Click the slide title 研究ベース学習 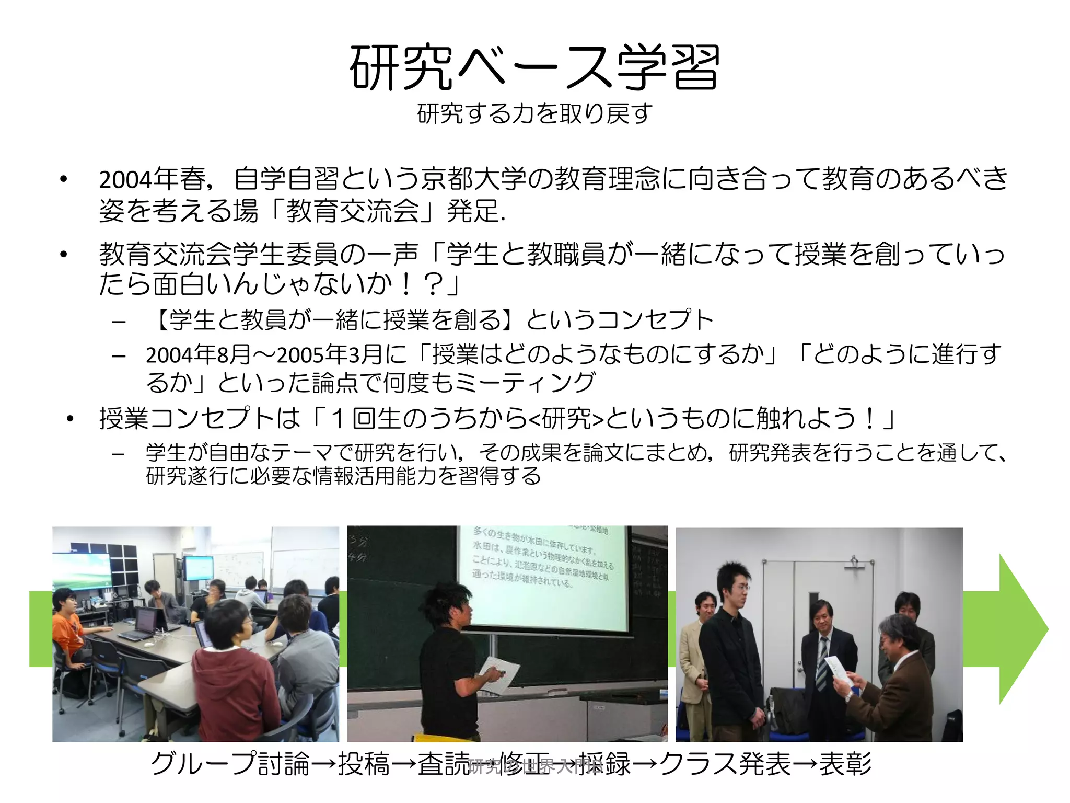534,68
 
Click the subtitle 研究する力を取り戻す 534,113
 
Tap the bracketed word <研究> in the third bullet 566,418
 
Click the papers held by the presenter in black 499,674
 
